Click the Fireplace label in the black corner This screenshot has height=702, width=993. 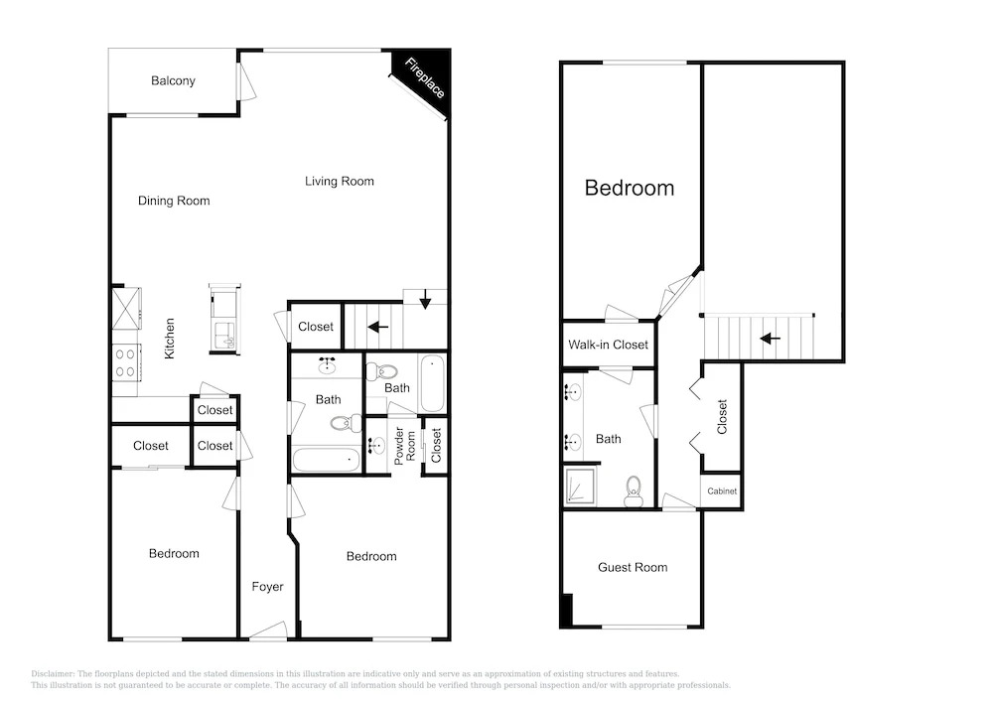coord(424,77)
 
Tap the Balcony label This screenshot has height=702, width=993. coord(173,81)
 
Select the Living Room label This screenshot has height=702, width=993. coord(340,181)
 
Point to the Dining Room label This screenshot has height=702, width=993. coord(174,201)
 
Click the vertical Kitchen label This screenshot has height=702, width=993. coord(169,339)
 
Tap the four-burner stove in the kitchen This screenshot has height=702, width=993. coord(125,362)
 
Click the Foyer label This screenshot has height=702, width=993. coord(267,587)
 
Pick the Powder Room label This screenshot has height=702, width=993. coord(405,446)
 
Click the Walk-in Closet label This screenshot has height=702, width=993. coord(608,345)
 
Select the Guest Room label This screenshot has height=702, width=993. coord(633,568)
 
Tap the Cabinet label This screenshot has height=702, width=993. coord(722,491)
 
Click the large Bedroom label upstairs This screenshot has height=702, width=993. coord(630,188)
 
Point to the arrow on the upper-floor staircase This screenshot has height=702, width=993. coord(771,339)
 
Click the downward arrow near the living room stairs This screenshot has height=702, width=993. coord(425,299)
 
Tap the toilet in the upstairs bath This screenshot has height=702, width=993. coord(634,491)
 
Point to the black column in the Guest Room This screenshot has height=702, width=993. coord(567,610)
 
